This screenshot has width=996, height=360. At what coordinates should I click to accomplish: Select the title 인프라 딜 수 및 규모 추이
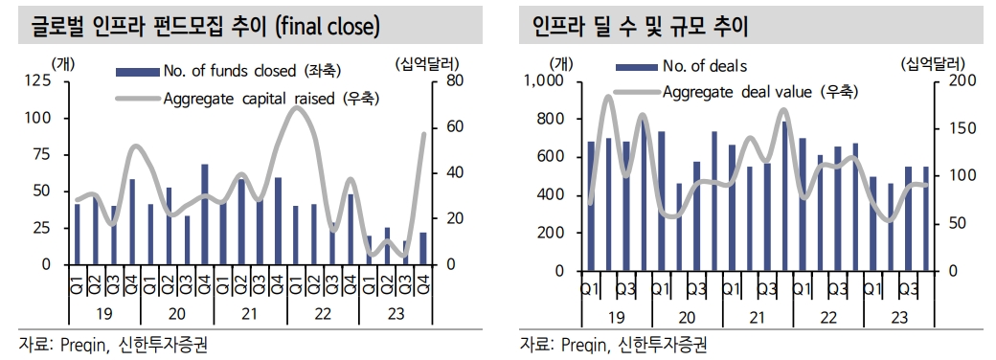(x=641, y=26)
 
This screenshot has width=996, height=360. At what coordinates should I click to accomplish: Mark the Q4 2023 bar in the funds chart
(x=422, y=248)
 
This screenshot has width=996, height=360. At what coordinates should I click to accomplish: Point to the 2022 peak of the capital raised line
(x=297, y=107)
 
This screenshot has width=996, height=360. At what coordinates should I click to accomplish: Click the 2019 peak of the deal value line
(x=608, y=97)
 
